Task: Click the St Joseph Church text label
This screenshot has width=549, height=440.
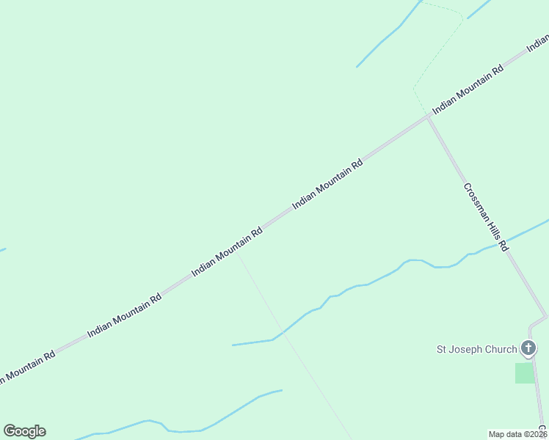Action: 477,349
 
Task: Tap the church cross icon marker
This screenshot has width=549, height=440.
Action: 527,348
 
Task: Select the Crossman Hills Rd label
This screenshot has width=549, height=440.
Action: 486,217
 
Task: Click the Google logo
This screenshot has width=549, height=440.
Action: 24,431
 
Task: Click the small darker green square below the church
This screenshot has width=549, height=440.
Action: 525,373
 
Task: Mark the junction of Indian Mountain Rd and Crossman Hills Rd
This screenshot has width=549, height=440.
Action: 428,117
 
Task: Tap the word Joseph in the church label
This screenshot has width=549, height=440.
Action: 468,349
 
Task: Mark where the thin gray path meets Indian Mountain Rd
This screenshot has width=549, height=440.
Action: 236,252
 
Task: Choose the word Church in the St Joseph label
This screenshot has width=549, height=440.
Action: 501,349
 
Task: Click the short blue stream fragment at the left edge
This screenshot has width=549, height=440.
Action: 2,250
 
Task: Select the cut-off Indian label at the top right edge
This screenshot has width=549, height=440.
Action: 538,44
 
